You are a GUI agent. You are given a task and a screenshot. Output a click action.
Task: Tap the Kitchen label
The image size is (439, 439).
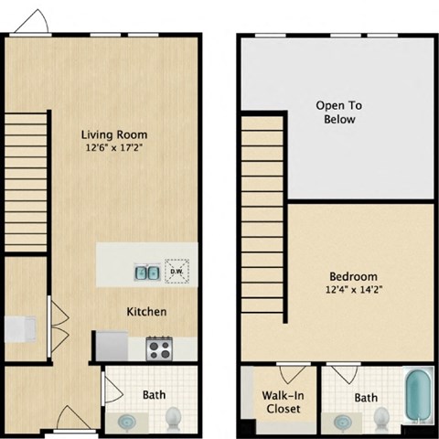pyautogui.click(x=146, y=312)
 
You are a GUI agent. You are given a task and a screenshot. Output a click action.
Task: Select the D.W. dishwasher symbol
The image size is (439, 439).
pyautogui.click(x=176, y=271)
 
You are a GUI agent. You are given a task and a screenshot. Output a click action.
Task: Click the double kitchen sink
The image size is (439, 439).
pyautogui.click(x=145, y=271)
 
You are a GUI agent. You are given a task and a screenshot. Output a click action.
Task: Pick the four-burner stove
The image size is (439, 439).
pyautogui.click(x=159, y=348)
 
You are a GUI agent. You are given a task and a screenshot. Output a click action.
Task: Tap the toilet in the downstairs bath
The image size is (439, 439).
pyautogui.click(x=174, y=417)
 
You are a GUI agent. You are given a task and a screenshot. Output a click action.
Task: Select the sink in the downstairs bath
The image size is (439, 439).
pyautogui.click(x=128, y=421)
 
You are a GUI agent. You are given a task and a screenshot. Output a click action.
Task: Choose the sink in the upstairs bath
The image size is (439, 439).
pyautogui.click(x=341, y=422)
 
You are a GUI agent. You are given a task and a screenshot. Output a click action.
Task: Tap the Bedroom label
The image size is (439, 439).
pyautogui.click(x=353, y=276)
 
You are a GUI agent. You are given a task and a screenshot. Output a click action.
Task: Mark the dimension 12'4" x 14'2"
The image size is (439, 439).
pyautogui.click(x=353, y=292)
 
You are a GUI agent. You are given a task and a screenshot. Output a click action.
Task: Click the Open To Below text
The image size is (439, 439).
pyautogui.click(x=336, y=112)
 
